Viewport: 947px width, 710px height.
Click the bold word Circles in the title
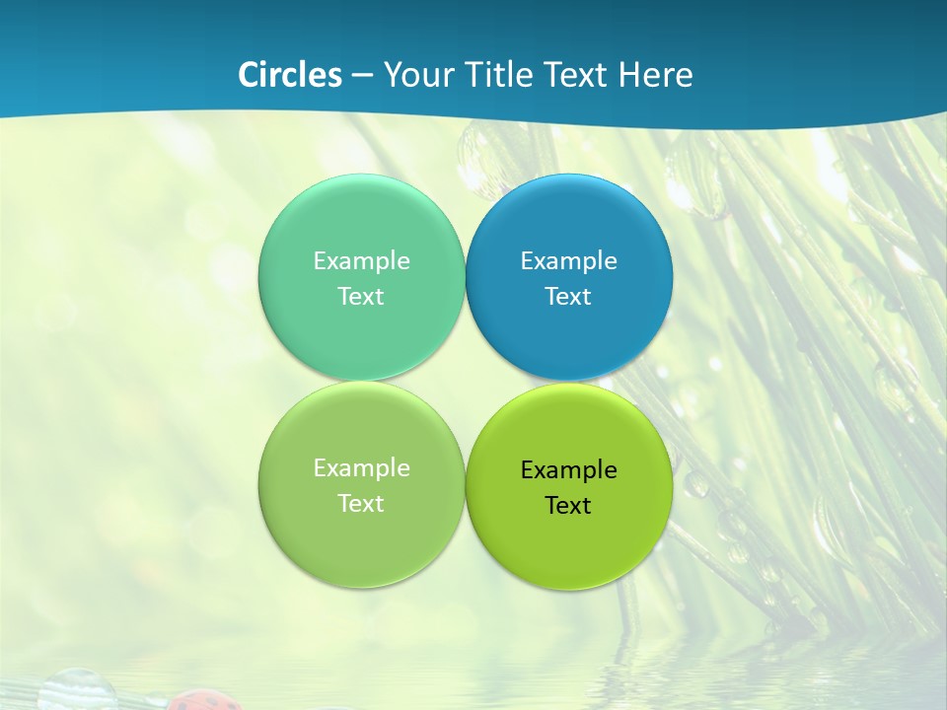(289, 75)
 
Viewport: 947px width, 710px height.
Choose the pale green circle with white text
(361, 537)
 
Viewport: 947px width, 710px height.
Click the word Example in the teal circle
(361, 261)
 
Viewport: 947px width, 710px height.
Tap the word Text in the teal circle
(361, 297)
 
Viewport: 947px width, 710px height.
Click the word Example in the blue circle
(569, 261)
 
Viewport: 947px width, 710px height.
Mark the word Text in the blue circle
(569, 297)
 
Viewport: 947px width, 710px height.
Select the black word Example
(569, 470)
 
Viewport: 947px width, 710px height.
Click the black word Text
(569, 506)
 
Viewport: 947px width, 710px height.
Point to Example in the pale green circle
(361, 468)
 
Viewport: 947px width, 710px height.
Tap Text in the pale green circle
(361, 504)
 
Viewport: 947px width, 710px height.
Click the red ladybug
(203, 699)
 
